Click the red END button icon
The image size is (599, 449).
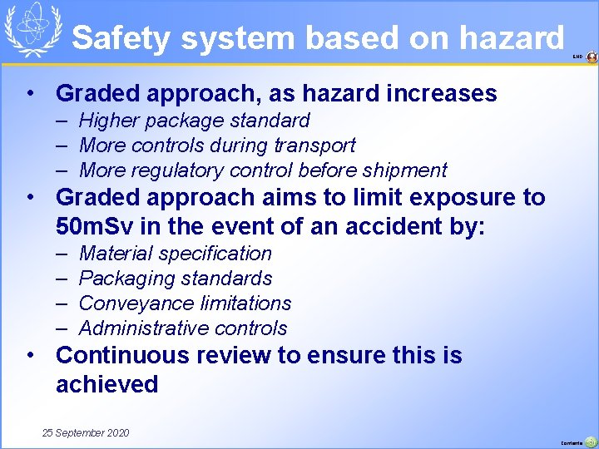click(x=592, y=57)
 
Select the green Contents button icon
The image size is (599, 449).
click(x=591, y=442)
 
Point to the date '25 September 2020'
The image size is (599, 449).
click(x=86, y=433)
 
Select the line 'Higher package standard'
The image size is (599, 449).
click(x=194, y=121)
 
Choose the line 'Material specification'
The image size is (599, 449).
click(x=175, y=254)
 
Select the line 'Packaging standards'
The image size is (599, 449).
click(x=175, y=279)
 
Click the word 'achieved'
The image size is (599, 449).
click(x=106, y=384)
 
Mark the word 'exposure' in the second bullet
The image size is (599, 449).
click(x=467, y=198)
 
